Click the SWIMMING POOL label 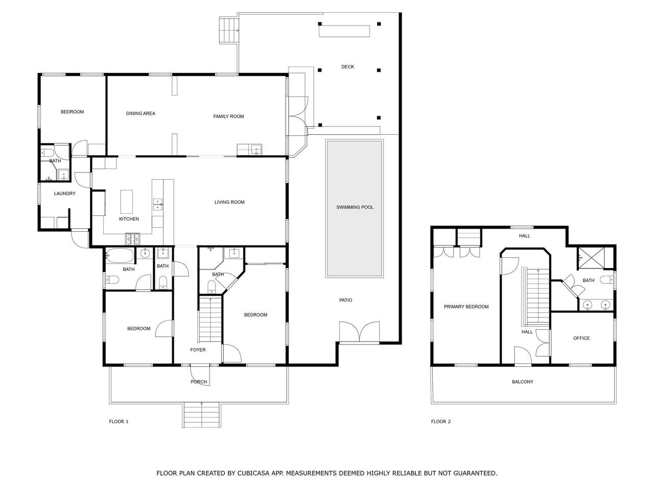[x=355, y=207]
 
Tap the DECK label [x=348, y=67]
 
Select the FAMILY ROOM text [x=228, y=116]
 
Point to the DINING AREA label [x=141, y=113]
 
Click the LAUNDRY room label [x=65, y=193]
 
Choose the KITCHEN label [x=129, y=219]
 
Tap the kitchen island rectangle [x=127, y=202]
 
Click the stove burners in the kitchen [x=132, y=239]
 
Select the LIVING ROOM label [x=229, y=202]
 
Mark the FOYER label [x=198, y=350]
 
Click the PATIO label [x=345, y=300]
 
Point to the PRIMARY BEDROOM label [x=466, y=306]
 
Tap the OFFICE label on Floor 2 [x=581, y=338]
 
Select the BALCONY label [x=523, y=382]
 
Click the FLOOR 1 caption [x=119, y=421]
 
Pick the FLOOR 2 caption [x=440, y=421]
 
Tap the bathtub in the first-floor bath [x=120, y=256]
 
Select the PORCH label [x=199, y=382]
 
